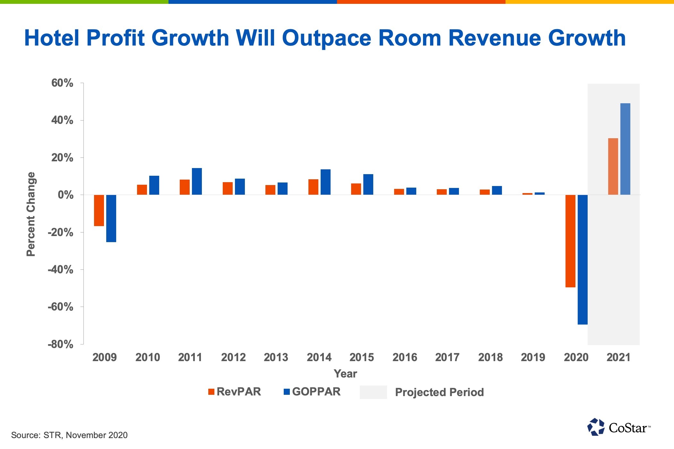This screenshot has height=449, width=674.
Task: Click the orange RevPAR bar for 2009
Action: [x=99, y=210]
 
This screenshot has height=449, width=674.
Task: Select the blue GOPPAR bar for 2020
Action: [x=583, y=259]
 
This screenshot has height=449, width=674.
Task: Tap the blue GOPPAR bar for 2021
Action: [x=625, y=149]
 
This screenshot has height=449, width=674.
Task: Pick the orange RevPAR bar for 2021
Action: [x=613, y=166]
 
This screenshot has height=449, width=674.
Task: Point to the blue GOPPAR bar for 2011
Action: [x=197, y=181]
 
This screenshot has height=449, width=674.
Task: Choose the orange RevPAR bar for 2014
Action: [x=313, y=187]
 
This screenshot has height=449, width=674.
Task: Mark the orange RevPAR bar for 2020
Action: [x=570, y=241]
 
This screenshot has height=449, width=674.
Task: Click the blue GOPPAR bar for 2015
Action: [x=368, y=184]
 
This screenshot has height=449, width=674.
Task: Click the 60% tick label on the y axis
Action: [x=62, y=83]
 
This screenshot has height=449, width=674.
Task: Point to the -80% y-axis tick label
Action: [x=60, y=344]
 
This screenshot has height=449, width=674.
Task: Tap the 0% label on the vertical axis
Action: [x=65, y=195]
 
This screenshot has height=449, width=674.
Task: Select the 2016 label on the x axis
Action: [x=405, y=357]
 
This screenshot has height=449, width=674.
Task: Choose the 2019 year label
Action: [x=533, y=357]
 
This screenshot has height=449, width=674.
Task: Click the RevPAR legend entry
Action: [x=235, y=392]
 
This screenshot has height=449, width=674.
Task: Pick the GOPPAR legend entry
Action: [x=312, y=392]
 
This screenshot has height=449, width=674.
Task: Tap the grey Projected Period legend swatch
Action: [x=373, y=392]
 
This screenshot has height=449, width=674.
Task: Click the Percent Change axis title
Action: [x=31, y=214]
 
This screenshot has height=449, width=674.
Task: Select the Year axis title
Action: [x=345, y=374]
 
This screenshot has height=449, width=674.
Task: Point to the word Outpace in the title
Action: [x=326, y=38]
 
